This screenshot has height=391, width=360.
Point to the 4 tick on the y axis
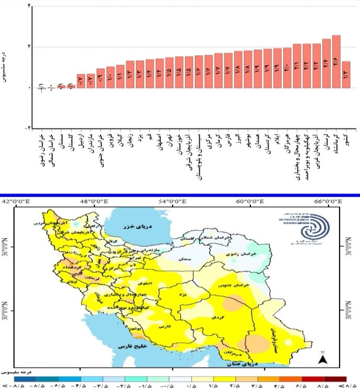coord(28,6)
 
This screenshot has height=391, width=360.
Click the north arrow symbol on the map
coord(323,358)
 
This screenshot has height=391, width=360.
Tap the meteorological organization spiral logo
coord(320,227)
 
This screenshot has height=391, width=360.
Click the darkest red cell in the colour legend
coord(338,380)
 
